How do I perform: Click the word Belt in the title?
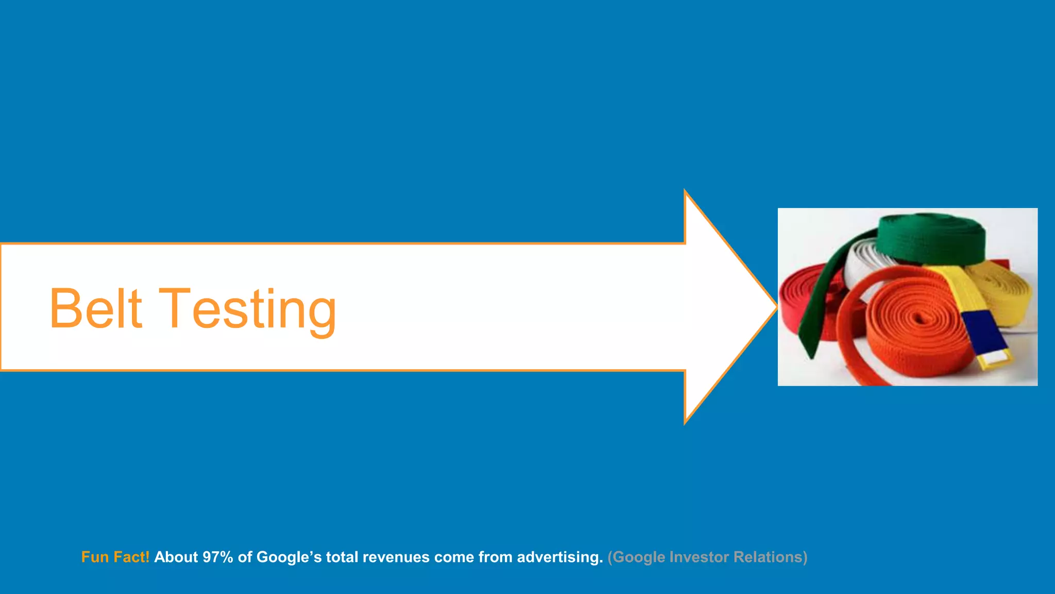click(96, 308)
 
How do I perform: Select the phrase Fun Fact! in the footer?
click(115, 557)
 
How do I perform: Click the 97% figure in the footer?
click(218, 557)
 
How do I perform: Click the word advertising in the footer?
click(559, 557)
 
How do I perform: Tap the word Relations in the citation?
click(770, 557)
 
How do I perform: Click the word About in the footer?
click(176, 557)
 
